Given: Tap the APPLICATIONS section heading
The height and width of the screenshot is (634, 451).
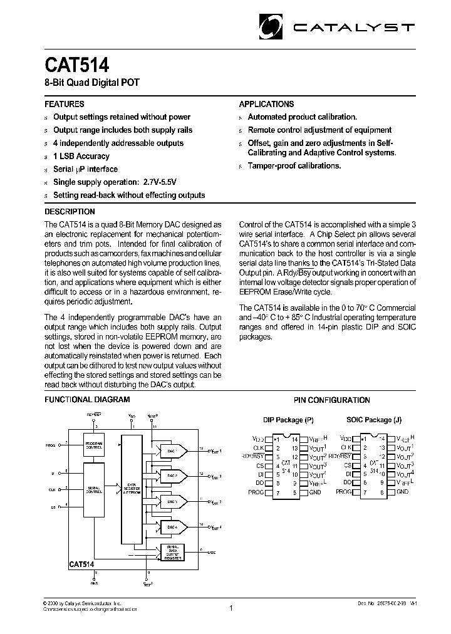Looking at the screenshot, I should [x=266, y=104].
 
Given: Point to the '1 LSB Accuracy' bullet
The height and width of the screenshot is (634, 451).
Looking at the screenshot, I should [x=81, y=156].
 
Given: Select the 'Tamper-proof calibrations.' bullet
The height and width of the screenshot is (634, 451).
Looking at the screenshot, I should [x=294, y=166].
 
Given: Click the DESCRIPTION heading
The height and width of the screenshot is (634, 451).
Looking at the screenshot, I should [x=70, y=212].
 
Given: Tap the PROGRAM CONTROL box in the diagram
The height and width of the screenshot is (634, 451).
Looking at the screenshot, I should [x=95, y=444].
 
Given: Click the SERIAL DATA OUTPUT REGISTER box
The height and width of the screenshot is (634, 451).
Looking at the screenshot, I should [x=172, y=553].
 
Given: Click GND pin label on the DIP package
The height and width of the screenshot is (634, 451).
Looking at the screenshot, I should [x=315, y=492].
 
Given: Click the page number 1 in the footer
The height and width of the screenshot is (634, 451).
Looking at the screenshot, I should [x=231, y=607].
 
